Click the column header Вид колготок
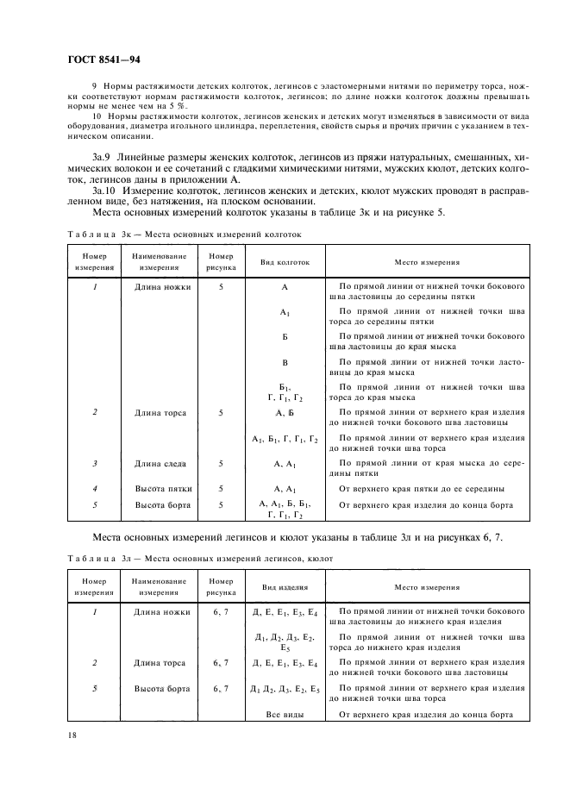tap(285, 261)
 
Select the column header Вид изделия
tap(284, 586)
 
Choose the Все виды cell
tap(285, 715)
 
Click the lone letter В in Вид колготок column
tap(285, 363)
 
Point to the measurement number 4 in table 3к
tap(94, 488)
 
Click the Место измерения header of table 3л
tap(427, 586)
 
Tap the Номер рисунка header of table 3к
tap(222, 261)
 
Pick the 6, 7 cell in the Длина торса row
tap(222, 663)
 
